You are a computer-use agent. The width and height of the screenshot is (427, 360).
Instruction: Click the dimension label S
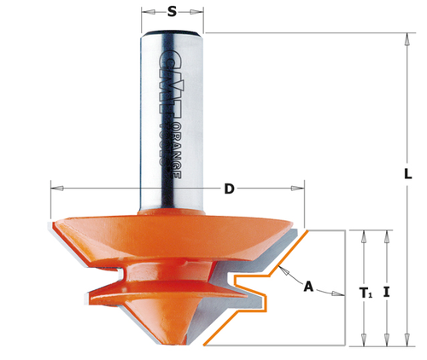coord(173,12)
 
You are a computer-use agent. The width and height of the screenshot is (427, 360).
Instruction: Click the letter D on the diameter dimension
coord(229,189)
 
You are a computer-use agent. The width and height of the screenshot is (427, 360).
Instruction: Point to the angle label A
coord(308,287)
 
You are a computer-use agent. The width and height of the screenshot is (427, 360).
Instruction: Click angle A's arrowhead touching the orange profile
coord(284,275)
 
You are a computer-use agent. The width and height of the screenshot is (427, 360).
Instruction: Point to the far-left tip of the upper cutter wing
coord(50,224)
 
